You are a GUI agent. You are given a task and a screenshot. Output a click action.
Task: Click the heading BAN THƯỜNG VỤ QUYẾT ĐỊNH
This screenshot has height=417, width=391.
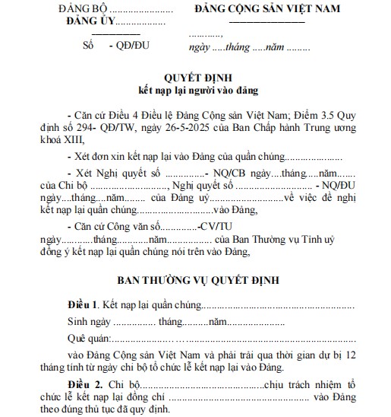199,280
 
